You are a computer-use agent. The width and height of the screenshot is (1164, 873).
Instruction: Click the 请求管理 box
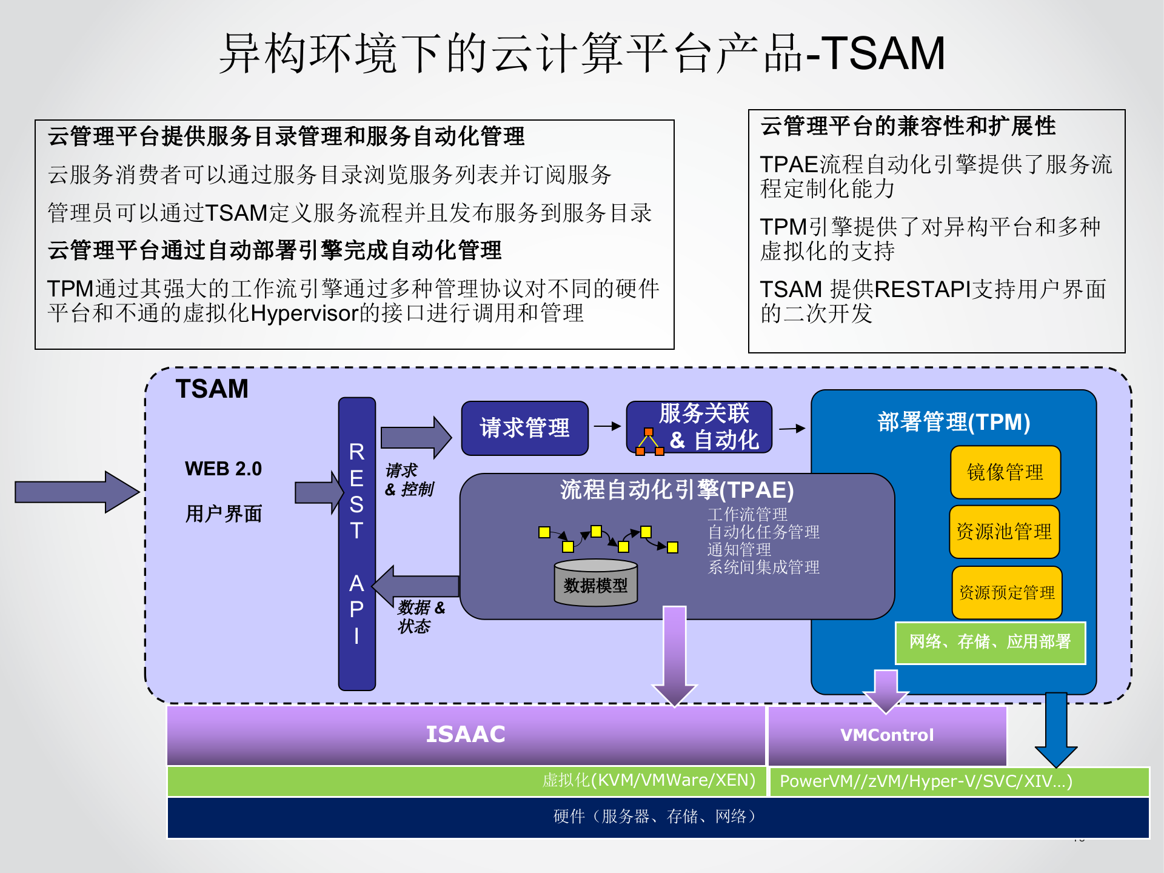(x=524, y=428)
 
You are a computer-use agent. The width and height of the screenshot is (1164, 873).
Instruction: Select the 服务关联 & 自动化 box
(x=699, y=427)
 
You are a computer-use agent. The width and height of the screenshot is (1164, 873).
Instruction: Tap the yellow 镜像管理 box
(x=1005, y=472)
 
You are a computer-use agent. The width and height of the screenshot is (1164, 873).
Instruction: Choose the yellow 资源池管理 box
(x=1004, y=532)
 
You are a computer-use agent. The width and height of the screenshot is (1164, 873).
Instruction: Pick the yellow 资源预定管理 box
(x=1006, y=592)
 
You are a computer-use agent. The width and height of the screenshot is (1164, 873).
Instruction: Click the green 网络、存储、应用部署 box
(x=990, y=642)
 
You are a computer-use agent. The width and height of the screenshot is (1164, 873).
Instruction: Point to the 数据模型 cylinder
(x=595, y=583)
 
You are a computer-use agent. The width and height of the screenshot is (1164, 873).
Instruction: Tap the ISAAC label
(x=465, y=734)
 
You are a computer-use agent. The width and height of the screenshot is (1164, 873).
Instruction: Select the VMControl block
(x=887, y=735)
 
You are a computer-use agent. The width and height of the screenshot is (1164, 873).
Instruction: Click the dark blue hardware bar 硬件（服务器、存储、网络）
(x=657, y=817)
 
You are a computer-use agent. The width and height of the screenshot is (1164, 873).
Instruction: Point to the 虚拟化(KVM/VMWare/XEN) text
(x=649, y=780)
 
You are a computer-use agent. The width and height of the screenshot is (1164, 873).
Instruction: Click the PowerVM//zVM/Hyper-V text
(x=926, y=781)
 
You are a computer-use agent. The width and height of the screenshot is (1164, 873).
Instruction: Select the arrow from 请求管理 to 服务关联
(x=607, y=426)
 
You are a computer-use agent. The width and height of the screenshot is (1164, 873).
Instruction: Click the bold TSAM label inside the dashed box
(x=212, y=389)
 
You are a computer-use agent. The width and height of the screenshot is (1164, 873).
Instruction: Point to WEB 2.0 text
(x=223, y=469)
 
